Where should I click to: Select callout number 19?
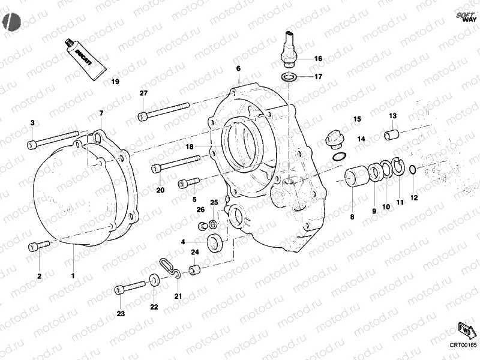pyautogui.click(x=115, y=81)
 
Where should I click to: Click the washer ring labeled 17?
pyautogui.click(x=289, y=77)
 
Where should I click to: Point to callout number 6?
pyautogui.click(x=238, y=69)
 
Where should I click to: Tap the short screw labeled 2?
pyautogui.click(x=38, y=245)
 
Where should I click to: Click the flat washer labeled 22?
pyautogui.click(x=154, y=280)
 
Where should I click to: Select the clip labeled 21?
pyautogui.click(x=170, y=266)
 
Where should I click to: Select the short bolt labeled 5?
pyautogui.click(x=188, y=183)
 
